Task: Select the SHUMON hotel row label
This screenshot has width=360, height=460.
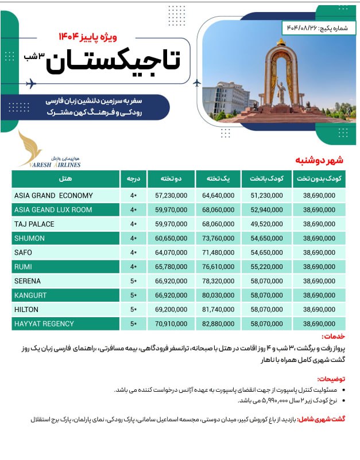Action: [29, 238]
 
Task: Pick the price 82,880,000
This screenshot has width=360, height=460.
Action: [218, 323]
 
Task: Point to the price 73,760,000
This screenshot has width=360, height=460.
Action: [218, 238]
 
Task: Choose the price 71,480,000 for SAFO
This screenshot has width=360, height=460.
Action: [218, 252]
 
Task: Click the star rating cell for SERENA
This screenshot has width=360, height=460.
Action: [133, 281]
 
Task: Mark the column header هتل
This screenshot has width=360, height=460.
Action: [65, 179]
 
